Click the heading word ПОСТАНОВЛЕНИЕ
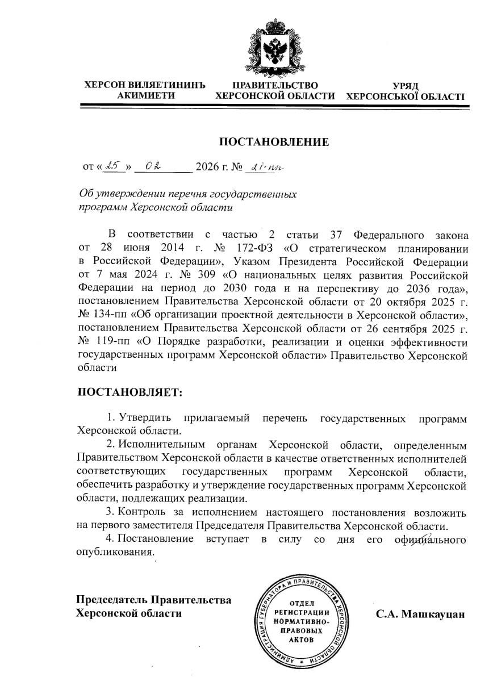tap(274, 142)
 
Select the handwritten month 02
tap(152, 166)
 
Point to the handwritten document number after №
tap(265, 166)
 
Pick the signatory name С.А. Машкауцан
tap(420, 614)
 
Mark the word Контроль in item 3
tap(143, 513)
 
